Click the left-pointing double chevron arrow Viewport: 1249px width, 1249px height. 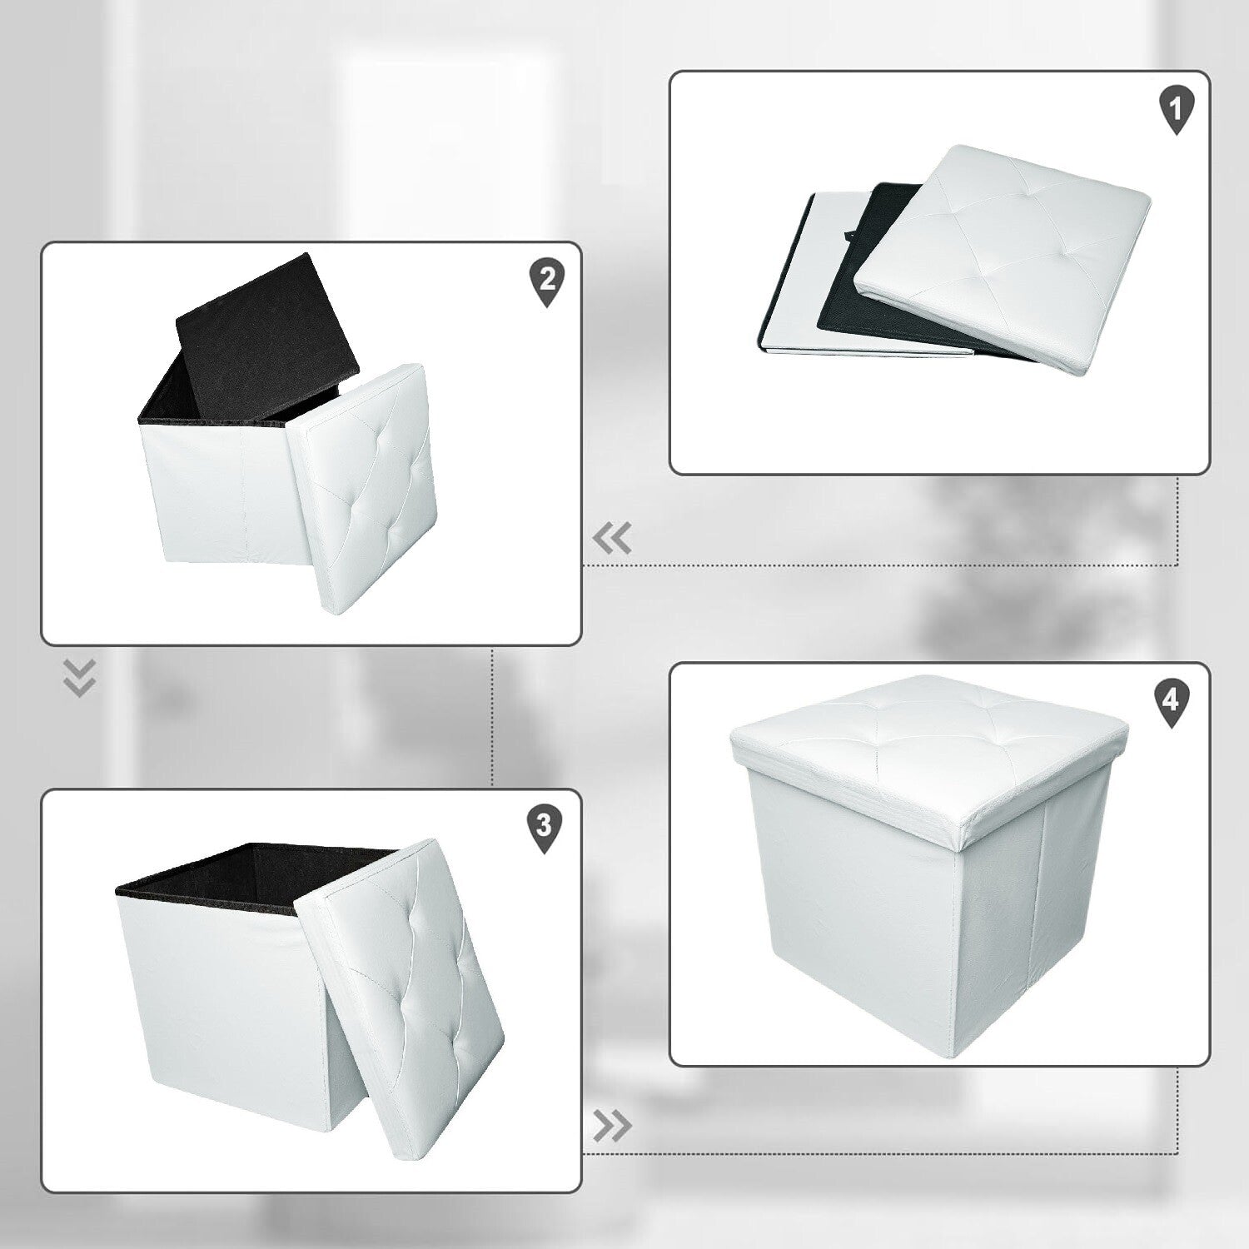pyautogui.click(x=612, y=540)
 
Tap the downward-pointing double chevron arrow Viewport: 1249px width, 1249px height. pyautogui.click(x=80, y=678)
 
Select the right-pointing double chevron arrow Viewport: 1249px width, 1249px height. pyautogui.click(x=612, y=1126)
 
